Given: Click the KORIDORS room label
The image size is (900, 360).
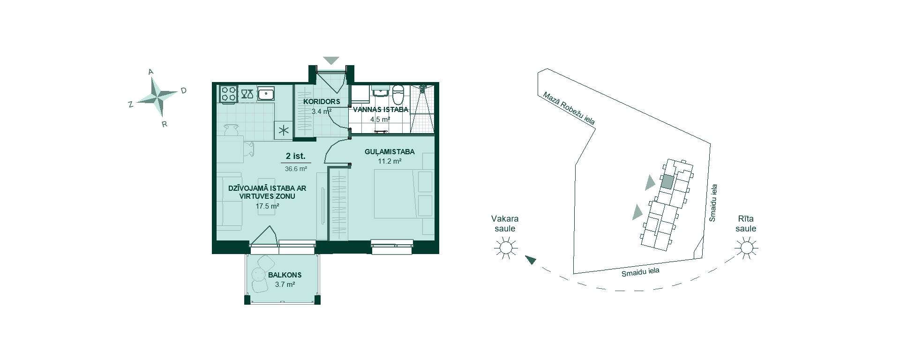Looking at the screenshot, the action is tap(322, 102).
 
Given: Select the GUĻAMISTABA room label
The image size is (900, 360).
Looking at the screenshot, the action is tap(390, 152).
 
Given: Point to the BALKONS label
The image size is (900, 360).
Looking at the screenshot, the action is tap(285, 275).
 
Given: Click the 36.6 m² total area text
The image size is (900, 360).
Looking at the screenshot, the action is tap(296, 169).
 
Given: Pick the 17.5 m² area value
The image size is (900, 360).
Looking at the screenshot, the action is tap(268, 206).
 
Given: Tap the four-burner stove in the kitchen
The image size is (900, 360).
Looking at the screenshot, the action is tap(228, 93).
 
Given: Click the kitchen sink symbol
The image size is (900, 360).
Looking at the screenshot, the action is tap(266, 94).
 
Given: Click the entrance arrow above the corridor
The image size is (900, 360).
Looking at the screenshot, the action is tap(331, 60).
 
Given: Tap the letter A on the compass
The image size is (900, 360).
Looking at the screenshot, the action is tap(151, 72).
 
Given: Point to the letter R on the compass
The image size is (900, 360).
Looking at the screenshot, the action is tap(165, 125).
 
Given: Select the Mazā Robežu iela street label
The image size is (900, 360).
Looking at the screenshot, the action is tap(569, 108).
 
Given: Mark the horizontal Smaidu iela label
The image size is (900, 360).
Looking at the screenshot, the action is tap(640, 273).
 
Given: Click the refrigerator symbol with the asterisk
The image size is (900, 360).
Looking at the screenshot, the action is tap(283, 131).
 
